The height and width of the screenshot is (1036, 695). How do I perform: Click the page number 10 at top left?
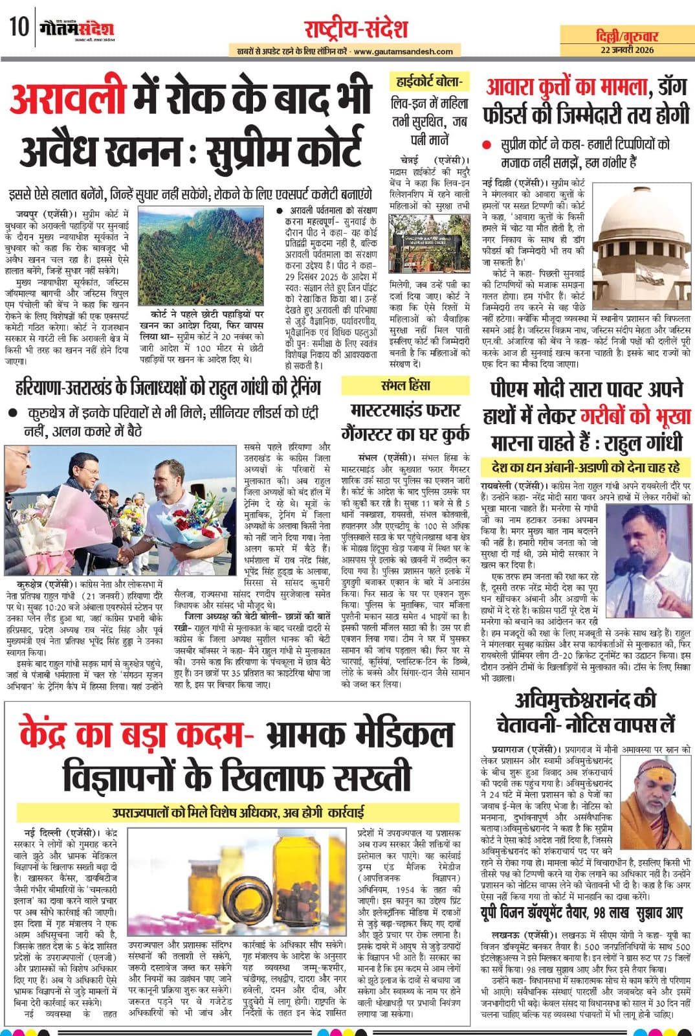19,28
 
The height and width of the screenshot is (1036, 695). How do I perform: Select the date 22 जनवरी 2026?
627,50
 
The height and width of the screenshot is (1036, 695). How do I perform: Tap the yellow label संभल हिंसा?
406,387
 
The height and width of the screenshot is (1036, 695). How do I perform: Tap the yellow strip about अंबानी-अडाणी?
586,467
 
